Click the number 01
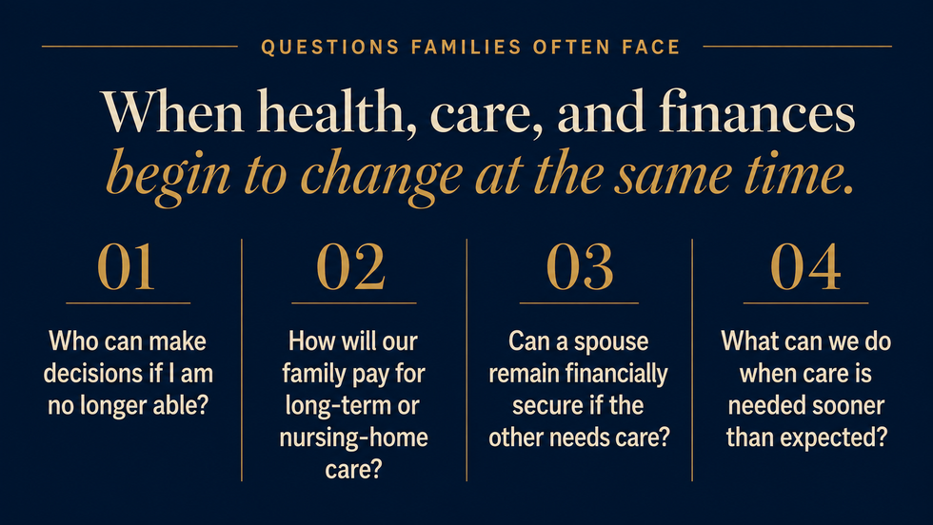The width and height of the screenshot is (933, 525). click(x=126, y=267)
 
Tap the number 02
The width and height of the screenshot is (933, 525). click(x=351, y=267)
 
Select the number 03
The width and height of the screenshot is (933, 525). click(x=580, y=267)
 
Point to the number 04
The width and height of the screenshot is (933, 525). click(x=805, y=267)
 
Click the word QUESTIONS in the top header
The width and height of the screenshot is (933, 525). click(x=330, y=47)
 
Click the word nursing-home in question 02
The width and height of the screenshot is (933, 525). click(x=353, y=437)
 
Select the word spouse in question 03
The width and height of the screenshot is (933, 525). click(x=611, y=342)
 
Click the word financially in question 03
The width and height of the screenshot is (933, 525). click(x=616, y=374)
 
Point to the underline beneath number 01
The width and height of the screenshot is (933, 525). click(x=128, y=303)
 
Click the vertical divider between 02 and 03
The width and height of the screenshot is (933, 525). click(x=466, y=360)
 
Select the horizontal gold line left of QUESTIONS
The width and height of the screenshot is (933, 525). click(x=139, y=46)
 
